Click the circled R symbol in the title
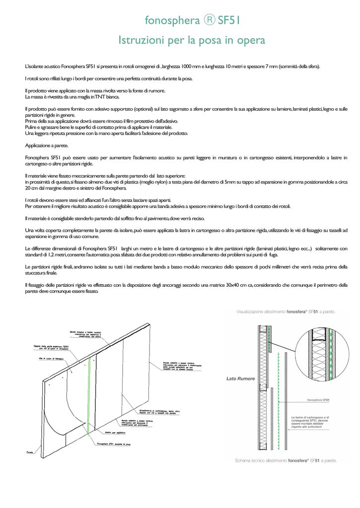tap(209, 20)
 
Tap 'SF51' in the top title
tap(229, 20)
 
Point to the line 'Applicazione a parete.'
tap(47, 145)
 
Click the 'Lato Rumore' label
tap(240, 379)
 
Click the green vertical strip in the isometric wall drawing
tap(88, 397)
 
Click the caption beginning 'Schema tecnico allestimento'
tap(286, 460)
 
